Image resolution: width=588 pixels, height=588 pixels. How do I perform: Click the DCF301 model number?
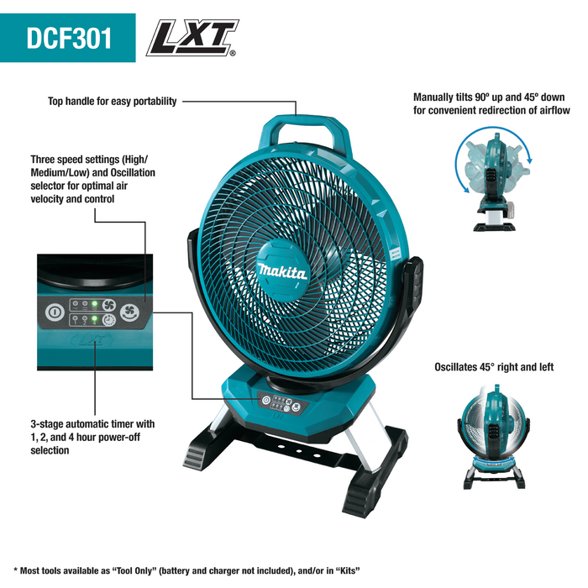pos(68,38)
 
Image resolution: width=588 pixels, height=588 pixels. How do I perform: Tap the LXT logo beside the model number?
pos(191,38)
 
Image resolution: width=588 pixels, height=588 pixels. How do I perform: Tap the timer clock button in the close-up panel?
pos(108,321)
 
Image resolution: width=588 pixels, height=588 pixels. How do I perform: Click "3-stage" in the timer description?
pos(49,424)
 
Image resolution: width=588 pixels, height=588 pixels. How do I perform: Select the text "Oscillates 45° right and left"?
pos(494,367)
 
